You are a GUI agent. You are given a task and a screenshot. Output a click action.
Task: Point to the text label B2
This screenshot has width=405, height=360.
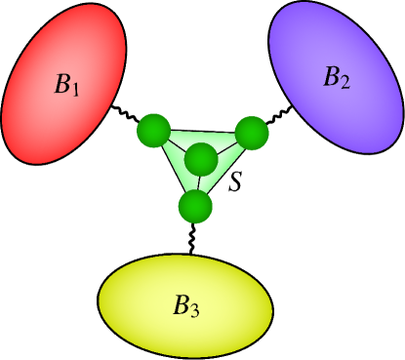pyautogui.click(x=336, y=78)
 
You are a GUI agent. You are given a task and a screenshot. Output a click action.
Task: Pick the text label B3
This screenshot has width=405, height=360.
pyautogui.click(x=186, y=306)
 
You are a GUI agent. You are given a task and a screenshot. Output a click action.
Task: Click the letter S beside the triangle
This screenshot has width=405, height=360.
pyautogui.click(x=235, y=181)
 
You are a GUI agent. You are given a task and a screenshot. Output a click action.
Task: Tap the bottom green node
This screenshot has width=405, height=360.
pyautogui.click(x=195, y=206)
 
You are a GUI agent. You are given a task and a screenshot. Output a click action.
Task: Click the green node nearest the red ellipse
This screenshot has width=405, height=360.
pyautogui.click(x=153, y=130)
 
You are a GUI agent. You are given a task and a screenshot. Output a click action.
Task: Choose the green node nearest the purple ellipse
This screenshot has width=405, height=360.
pyautogui.click(x=251, y=134)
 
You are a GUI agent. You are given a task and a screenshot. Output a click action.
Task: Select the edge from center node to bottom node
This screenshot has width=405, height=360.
pyautogui.click(x=198, y=182)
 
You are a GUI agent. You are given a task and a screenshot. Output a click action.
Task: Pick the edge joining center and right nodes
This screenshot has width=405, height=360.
pyautogui.click(x=226, y=145)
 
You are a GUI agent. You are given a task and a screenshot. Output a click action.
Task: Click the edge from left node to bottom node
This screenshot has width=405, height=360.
pyautogui.click(x=174, y=167)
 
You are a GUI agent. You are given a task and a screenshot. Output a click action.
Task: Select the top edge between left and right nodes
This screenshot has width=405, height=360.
pyautogui.click(x=202, y=132)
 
